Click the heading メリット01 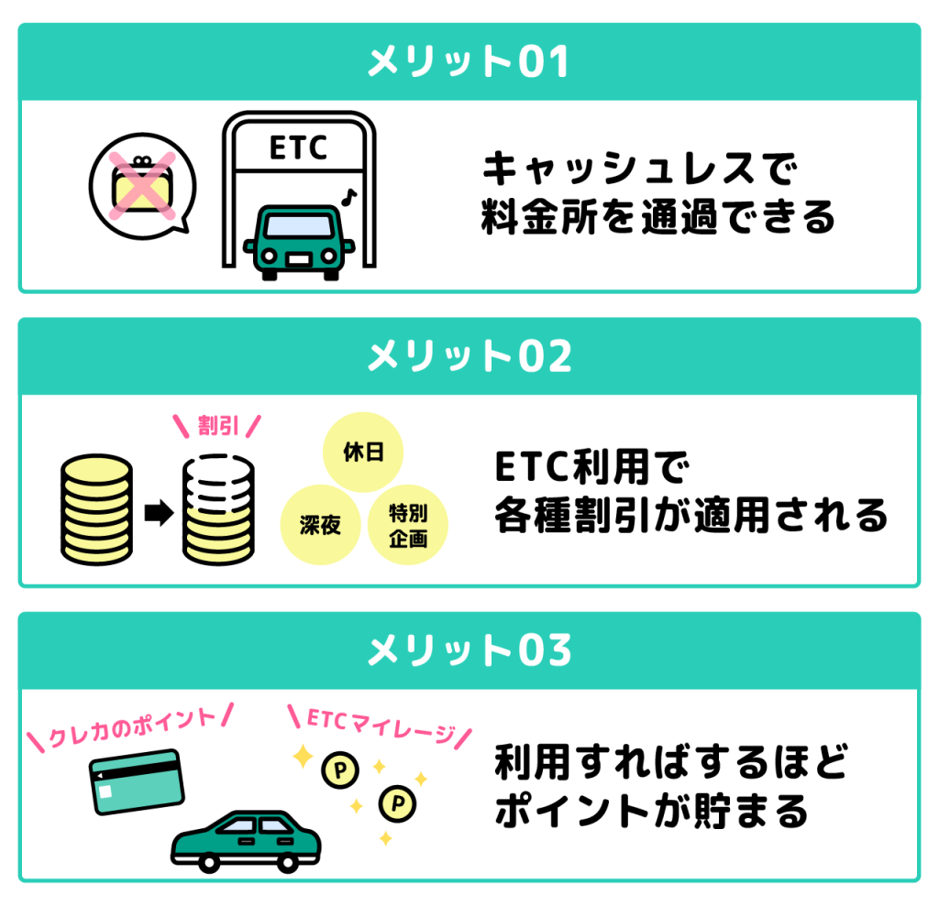tap(469, 62)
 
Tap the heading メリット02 tap(469, 356)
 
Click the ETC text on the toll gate tap(298, 148)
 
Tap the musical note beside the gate tap(348, 195)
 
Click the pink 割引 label tap(217, 426)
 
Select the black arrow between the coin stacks tap(159, 514)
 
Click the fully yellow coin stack tap(95, 508)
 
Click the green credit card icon tap(137, 780)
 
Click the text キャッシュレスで tap(639, 169)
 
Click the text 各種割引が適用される tap(690, 516)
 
